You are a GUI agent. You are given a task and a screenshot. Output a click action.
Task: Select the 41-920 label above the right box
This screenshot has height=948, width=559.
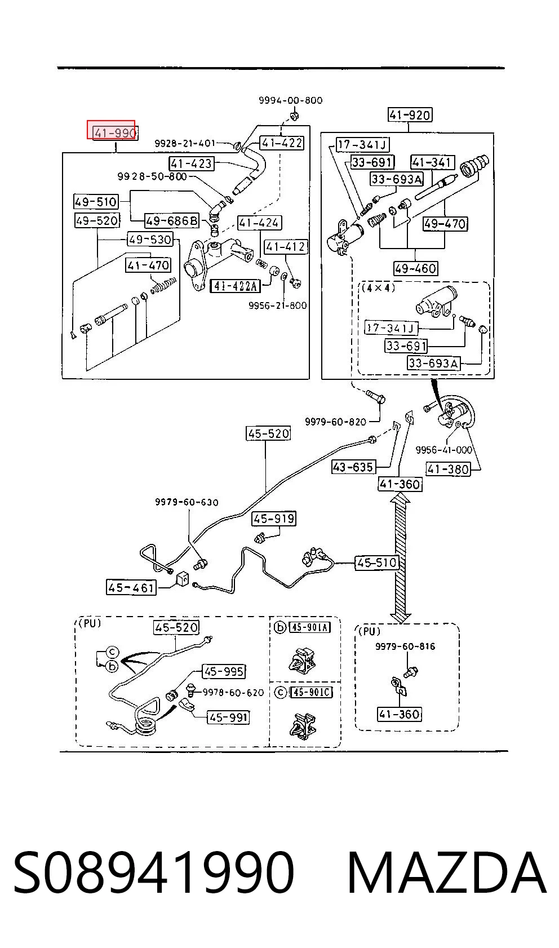tap(410, 115)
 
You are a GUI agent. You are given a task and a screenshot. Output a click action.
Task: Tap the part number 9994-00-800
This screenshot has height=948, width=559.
tap(290, 100)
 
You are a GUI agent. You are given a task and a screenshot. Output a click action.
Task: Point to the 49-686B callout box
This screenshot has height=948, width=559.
tap(172, 220)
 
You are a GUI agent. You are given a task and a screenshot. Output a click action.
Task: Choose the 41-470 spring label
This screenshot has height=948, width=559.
tap(148, 265)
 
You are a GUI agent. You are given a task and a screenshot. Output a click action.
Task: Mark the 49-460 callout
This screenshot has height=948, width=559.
tap(415, 268)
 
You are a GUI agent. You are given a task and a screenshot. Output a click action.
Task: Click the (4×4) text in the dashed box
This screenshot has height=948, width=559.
tap(378, 288)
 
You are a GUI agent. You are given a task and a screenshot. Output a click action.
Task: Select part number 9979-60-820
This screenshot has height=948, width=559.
tap(336, 422)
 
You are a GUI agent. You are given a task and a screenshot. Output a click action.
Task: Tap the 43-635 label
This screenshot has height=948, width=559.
tap(353, 467)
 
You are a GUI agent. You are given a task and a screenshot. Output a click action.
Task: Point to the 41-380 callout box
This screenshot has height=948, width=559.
tap(448, 469)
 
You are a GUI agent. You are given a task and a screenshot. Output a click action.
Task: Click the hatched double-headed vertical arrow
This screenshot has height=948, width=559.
tap(400, 560)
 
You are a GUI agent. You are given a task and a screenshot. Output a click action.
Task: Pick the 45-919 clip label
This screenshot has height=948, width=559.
tap(274, 519)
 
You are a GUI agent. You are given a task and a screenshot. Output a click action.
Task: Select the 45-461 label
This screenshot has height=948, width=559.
tap(131, 587)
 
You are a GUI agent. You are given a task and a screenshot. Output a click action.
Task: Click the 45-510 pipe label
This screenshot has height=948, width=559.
tap(377, 562)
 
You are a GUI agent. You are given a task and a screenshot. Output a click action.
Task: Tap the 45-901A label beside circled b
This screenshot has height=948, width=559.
tap(310, 627)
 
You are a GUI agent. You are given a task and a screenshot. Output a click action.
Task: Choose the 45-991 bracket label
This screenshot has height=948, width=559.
tap(228, 717)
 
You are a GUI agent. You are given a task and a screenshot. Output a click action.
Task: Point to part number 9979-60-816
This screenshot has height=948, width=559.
tap(405, 646)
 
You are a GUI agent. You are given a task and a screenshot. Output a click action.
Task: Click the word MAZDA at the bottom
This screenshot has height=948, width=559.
tap(446, 872)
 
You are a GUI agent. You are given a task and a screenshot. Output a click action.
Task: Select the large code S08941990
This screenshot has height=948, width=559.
tap(154, 872)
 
